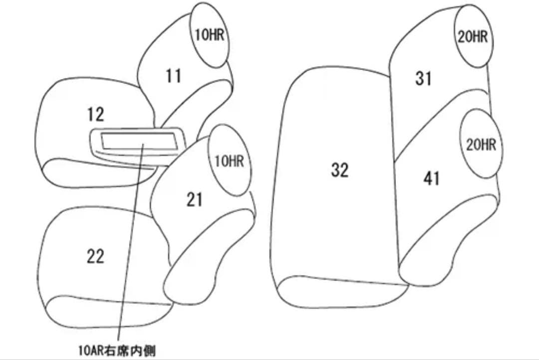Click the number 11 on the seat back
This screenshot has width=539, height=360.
click(173, 76)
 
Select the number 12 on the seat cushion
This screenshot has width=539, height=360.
click(95, 114)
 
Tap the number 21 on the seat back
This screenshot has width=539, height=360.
click(194, 200)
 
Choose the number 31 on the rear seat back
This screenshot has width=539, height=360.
click(423, 78)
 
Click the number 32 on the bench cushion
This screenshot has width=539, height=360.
click(339, 170)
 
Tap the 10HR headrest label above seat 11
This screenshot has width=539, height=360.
click(209, 35)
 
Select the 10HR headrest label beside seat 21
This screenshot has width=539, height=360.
click(229, 161)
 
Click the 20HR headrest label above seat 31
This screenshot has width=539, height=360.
click(473, 36)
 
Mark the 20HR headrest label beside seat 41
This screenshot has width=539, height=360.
click(481, 145)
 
